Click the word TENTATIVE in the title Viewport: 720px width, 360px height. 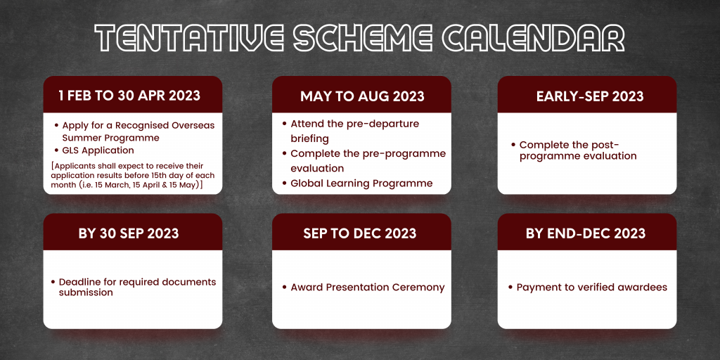click(189, 37)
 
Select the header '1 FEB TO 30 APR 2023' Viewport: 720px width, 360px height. click(129, 96)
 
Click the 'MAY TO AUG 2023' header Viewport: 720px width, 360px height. click(362, 96)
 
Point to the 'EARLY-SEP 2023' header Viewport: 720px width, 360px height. click(590, 96)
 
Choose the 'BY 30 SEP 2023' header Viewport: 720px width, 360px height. click(129, 233)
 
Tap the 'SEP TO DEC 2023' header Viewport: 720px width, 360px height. click(360, 233)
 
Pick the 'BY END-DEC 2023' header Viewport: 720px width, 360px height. click(586, 233)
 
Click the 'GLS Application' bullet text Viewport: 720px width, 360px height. click(98, 150)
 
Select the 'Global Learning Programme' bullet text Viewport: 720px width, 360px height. click(362, 184)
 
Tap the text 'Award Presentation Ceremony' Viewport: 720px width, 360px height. click(368, 288)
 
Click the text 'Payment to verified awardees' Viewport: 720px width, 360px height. click(592, 288)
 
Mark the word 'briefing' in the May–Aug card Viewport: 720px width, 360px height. click(310, 139)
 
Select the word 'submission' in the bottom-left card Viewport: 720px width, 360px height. click(86, 292)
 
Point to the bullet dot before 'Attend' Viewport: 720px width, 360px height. click(285, 124)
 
